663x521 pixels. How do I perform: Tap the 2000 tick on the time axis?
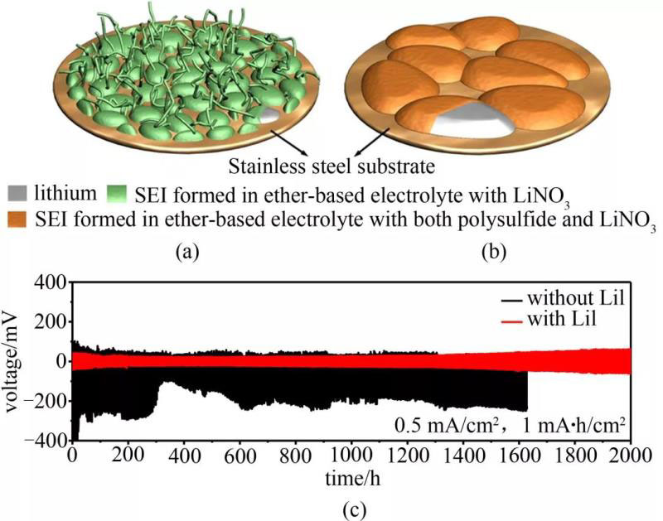click(630, 455)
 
